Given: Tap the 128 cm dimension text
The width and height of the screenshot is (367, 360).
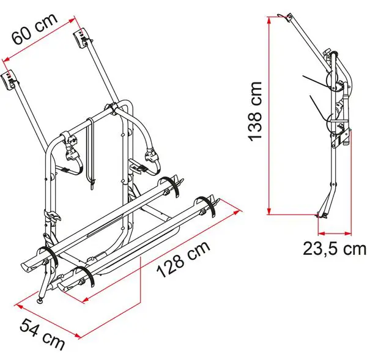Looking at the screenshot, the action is [x=183, y=259].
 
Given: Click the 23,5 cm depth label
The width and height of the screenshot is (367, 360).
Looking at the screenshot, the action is [x=335, y=248].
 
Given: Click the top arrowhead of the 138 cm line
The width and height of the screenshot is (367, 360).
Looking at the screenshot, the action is [x=269, y=20].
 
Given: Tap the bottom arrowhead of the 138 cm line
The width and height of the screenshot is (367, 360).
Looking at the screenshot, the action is [x=269, y=210].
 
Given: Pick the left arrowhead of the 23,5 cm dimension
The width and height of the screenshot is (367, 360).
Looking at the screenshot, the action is [x=322, y=233].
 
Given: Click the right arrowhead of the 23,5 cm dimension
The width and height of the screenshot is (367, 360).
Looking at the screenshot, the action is [x=348, y=233].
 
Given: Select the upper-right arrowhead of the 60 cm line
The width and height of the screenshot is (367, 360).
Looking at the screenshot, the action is [x=72, y=21].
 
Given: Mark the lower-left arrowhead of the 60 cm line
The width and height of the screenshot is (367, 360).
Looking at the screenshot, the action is [x=7, y=59].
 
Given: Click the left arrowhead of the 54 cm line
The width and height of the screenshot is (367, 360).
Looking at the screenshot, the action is [x=19, y=306].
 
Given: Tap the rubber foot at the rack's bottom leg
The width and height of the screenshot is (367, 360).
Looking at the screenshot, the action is [x=41, y=301].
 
